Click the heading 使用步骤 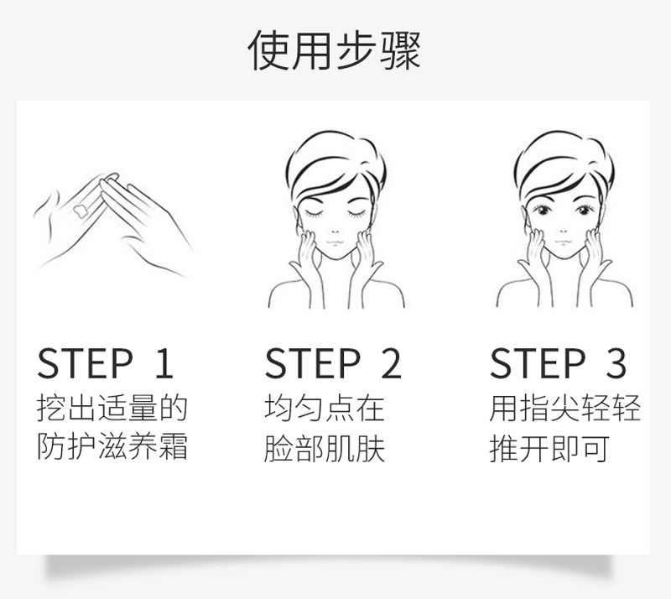335,50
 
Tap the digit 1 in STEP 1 164,363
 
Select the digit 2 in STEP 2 391,363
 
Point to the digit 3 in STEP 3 616,363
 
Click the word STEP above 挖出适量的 86,363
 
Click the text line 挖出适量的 112,408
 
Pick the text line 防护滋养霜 112,446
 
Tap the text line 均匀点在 325,408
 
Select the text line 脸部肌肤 325,448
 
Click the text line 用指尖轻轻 564,408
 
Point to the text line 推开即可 549,448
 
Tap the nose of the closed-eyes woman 335,232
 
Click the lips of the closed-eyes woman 335,242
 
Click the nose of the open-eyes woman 563,232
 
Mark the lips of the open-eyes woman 563,242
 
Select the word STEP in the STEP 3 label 538,363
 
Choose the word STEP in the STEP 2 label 313,363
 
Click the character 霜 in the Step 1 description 174,446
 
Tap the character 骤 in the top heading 401,50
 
